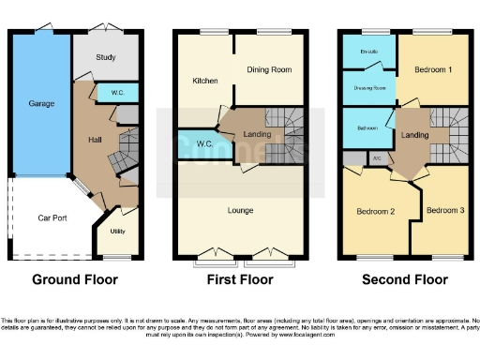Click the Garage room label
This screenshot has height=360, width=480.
(39, 104)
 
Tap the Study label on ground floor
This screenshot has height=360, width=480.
(106, 58)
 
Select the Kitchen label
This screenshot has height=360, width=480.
(205, 81)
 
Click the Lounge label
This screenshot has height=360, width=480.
(241, 210)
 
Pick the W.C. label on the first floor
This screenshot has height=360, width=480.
(205, 143)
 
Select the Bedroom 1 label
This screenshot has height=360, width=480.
(433, 69)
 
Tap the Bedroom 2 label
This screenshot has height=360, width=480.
(375, 211)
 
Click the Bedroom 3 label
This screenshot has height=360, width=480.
(444, 210)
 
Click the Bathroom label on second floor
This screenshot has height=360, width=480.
(367, 127)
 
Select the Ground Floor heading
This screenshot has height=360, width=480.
(73, 279)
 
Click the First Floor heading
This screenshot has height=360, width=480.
(240, 279)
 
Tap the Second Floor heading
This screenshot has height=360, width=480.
(405, 279)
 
